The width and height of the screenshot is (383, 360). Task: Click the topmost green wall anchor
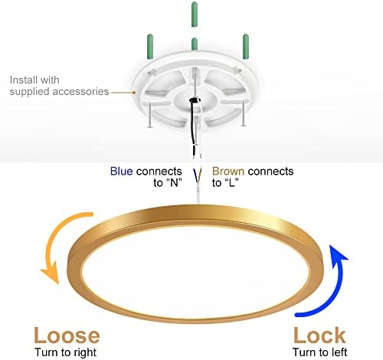[195, 14]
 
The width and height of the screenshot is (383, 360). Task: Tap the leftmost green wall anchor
[150, 47]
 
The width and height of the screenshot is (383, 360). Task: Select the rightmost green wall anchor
[246, 47]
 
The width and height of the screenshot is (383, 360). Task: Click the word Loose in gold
[67, 335]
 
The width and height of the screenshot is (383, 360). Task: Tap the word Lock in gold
[319, 335]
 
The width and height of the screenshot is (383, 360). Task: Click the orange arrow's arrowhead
[51, 273]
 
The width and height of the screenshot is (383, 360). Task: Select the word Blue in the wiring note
[121, 171]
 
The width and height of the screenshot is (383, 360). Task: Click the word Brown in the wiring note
[228, 171]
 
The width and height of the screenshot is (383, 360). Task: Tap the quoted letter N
[174, 182]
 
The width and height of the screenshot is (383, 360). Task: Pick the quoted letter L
[231, 182]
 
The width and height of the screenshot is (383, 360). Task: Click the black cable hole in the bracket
[195, 100]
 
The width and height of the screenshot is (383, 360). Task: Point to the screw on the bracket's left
[150, 114]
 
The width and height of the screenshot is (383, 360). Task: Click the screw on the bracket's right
[244, 113]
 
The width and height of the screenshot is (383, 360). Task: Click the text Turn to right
[66, 352]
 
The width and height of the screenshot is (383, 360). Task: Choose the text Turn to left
[319, 352]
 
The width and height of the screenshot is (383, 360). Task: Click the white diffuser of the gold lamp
[195, 271]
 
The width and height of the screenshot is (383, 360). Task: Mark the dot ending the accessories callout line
[134, 93]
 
